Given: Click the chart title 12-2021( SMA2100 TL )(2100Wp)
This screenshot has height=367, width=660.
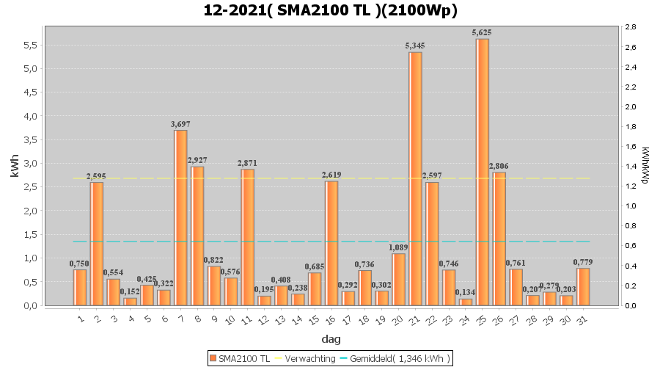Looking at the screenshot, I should coord(330,10).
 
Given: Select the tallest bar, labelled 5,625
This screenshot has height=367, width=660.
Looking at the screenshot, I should coord(483,172).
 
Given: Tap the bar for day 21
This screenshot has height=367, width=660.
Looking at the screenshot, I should coord(415,178).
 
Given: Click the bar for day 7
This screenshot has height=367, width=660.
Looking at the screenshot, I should coord(180,217).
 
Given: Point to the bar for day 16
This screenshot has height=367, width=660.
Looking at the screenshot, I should coord(331,243).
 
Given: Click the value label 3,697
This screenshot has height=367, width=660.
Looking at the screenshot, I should coord(180,124).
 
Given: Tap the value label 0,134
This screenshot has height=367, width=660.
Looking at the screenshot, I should coord(466,293).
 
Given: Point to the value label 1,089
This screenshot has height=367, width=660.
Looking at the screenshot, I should coord(399,247).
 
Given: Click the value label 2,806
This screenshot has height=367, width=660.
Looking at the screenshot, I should coord(499,166).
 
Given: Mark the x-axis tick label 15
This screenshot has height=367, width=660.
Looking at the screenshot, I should coord(314,319).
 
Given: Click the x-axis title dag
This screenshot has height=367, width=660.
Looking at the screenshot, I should coord(330,339).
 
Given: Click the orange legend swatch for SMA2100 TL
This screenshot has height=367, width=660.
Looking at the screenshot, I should coord(213,358).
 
